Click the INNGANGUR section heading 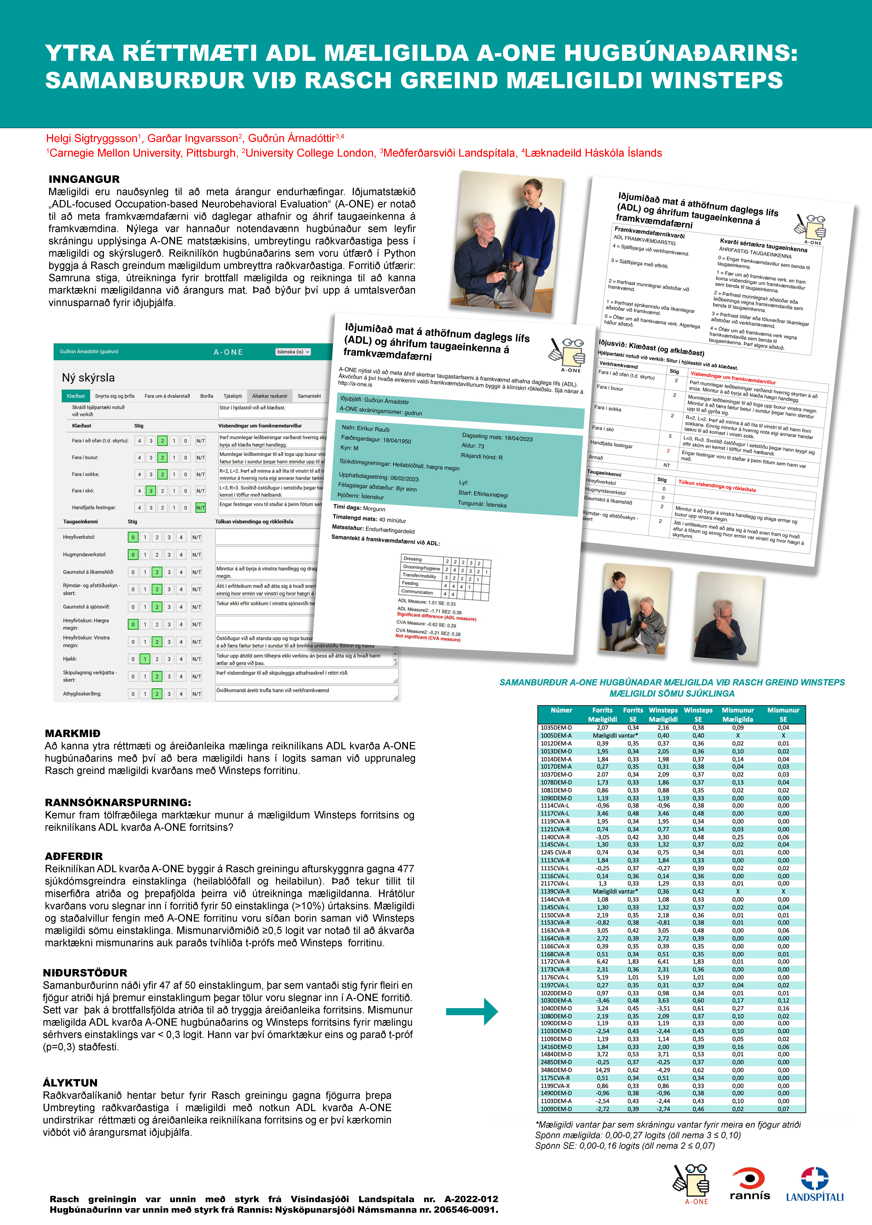coord(84,179)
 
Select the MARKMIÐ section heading coord(72,733)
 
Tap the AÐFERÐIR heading coord(74,856)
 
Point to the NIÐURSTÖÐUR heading coord(85,973)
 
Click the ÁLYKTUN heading coord(70,1083)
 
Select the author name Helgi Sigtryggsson coord(92,139)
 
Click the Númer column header coord(561,710)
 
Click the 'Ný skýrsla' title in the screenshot coord(88,377)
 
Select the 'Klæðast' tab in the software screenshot coord(76,396)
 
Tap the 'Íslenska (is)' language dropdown coord(293,352)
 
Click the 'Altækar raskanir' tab coord(270,396)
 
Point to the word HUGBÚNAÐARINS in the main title coord(681,53)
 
